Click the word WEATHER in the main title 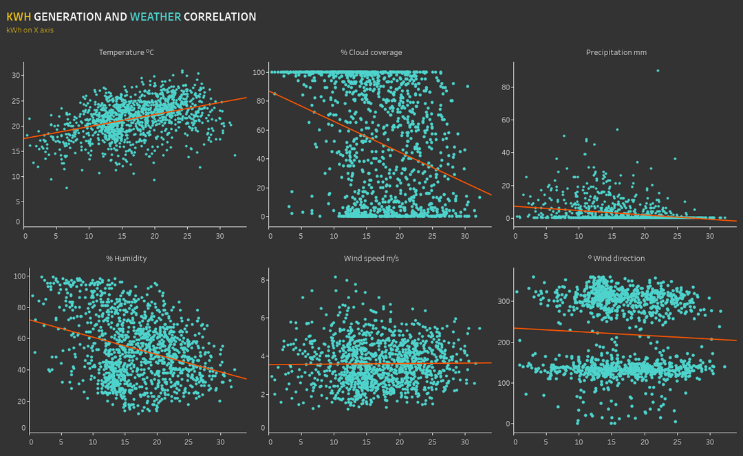pyautogui.click(x=155, y=17)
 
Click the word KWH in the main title pyautogui.click(x=19, y=17)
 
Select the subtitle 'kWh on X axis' pyautogui.click(x=30, y=30)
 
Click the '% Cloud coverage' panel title pyautogui.click(x=371, y=52)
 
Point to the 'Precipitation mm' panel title pyautogui.click(x=616, y=52)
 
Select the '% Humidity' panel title pyautogui.click(x=126, y=259)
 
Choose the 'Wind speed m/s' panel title pyautogui.click(x=371, y=259)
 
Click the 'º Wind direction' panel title pyautogui.click(x=616, y=259)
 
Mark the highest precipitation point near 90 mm pyautogui.click(x=658, y=70)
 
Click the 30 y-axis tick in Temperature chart pyautogui.click(x=17, y=76)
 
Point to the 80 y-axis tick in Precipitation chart pyautogui.click(x=504, y=87)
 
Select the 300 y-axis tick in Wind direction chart pyautogui.click(x=502, y=301)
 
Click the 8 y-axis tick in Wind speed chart pyautogui.click(x=263, y=280)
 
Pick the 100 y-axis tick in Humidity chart pyautogui.click(x=19, y=276)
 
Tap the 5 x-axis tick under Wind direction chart pyautogui.click(x=547, y=442)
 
